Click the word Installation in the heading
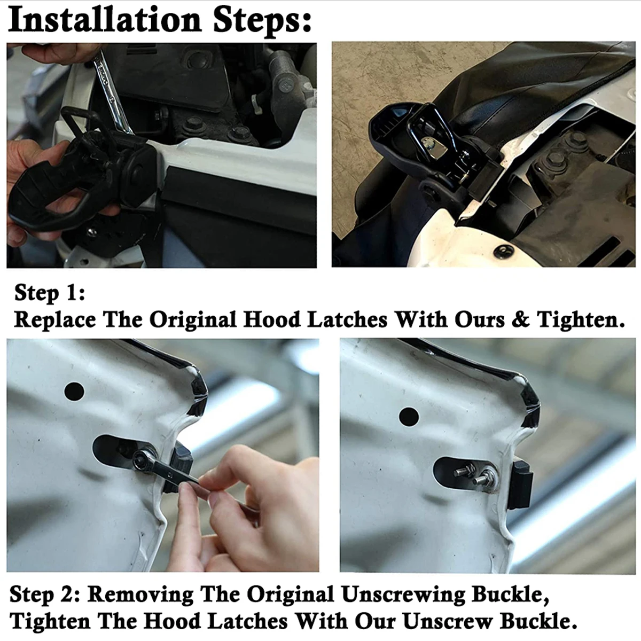pyautogui.click(x=105, y=20)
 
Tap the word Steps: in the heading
pyautogui.click(x=262, y=21)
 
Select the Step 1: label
pyautogui.click(x=50, y=293)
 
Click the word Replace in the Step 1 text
pyautogui.click(x=55, y=320)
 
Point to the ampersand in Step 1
pyautogui.click(x=520, y=319)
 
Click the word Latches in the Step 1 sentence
pyautogui.click(x=347, y=319)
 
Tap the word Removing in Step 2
pyautogui.click(x=140, y=595)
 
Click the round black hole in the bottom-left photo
pyautogui.click(x=74, y=392)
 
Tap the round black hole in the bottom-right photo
pyautogui.click(x=409, y=416)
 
